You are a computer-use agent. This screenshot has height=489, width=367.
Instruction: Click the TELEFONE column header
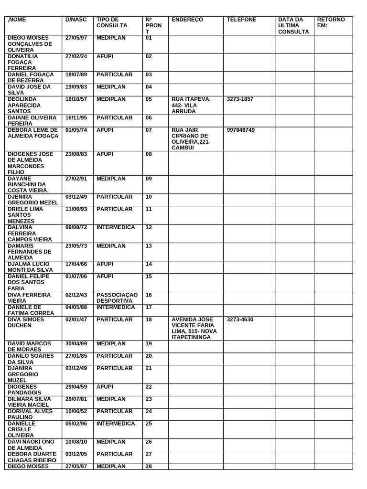click(241, 20)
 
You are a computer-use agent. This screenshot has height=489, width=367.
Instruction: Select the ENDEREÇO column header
click(187, 20)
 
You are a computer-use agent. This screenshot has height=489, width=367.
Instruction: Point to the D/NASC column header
click(76, 20)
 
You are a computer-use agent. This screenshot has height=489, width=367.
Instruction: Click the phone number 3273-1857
click(240, 99)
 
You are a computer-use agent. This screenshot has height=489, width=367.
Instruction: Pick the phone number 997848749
click(241, 130)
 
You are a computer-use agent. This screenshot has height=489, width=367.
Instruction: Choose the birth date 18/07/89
click(76, 74)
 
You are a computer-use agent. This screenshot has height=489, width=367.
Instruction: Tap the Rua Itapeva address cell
click(191, 105)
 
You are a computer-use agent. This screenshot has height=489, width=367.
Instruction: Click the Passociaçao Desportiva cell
click(117, 298)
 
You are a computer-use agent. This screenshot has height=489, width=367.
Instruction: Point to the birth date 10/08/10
click(76, 442)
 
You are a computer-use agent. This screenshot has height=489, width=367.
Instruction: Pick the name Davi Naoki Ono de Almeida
click(32, 445)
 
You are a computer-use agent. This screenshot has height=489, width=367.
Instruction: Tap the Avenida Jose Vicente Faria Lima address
click(194, 328)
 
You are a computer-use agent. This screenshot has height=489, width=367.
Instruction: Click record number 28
click(148, 466)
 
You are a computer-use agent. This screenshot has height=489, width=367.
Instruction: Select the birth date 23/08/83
click(76, 154)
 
